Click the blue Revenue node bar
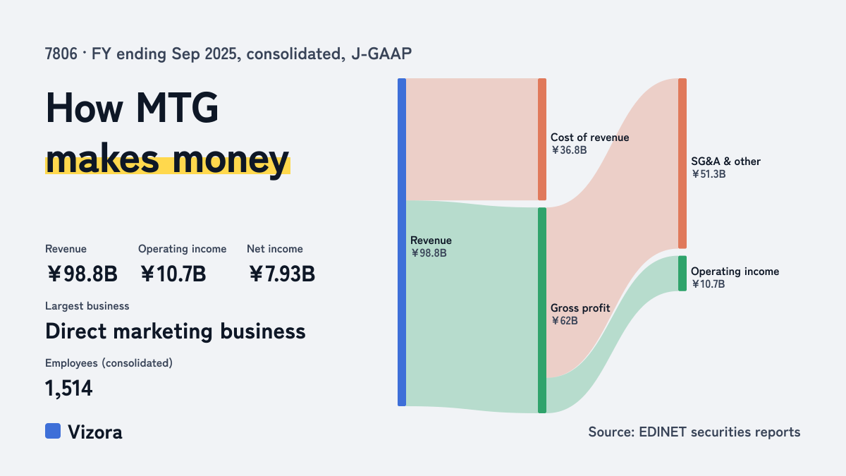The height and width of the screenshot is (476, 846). pyautogui.click(x=402, y=242)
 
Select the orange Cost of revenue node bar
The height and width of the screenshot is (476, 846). pyautogui.click(x=542, y=139)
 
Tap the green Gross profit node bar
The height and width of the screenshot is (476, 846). pyautogui.click(x=542, y=310)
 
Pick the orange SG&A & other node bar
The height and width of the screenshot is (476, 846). pyautogui.click(x=682, y=163)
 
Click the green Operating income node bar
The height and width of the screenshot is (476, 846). pyautogui.click(x=682, y=274)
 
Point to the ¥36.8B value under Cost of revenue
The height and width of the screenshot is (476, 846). pyautogui.click(x=569, y=150)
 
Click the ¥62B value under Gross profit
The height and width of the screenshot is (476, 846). pyautogui.click(x=564, y=321)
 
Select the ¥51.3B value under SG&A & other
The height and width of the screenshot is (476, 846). pyautogui.click(x=709, y=174)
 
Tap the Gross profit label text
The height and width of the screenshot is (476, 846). pyautogui.click(x=580, y=308)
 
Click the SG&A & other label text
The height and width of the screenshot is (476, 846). pyautogui.click(x=725, y=161)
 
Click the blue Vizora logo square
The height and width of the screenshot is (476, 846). pyautogui.click(x=53, y=431)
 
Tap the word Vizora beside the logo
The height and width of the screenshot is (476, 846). pyautogui.click(x=95, y=432)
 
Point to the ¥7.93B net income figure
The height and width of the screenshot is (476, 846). pyautogui.click(x=282, y=274)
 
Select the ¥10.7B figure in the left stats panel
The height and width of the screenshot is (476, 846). pyautogui.click(x=173, y=274)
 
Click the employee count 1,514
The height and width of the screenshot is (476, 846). pyautogui.click(x=69, y=389)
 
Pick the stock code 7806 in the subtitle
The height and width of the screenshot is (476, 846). pyautogui.click(x=61, y=54)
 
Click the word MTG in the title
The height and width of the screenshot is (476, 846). pyautogui.click(x=177, y=108)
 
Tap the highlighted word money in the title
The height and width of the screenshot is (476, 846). pyautogui.click(x=231, y=160)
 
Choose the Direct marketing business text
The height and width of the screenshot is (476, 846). pyautogui.click(x=176, y=331)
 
